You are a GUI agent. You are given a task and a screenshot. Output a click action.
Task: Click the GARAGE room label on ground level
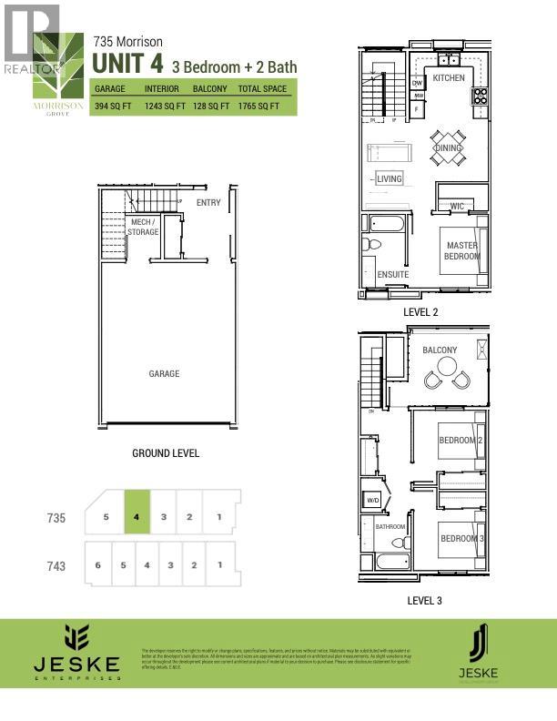point(165,373)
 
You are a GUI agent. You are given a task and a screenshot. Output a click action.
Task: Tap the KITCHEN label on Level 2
point(449,78)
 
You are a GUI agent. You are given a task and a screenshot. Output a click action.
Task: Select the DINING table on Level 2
point(448,147)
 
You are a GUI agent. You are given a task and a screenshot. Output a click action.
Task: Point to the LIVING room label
point(389,179)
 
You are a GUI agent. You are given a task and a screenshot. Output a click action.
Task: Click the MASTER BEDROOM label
point(461,250)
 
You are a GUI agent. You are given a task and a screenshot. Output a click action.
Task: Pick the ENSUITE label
point(392,274)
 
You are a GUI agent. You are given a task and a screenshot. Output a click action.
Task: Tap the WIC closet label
point(457,207)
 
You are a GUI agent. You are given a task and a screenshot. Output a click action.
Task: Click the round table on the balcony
point(447,367)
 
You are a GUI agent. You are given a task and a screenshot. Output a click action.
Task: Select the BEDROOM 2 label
point(460,441)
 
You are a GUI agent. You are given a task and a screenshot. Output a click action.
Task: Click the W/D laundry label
point(372,500)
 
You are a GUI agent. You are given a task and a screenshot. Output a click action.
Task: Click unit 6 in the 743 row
point(97,565)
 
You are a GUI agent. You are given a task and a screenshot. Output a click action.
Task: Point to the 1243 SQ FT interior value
point(165,107)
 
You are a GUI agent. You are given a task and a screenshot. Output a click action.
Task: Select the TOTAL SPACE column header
point(264,89)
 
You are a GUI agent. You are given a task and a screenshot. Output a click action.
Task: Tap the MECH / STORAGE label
point(144,227)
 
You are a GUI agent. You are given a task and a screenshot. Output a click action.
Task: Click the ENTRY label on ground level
point(208,202)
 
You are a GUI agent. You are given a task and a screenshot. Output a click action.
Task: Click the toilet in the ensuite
point(372,244)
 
